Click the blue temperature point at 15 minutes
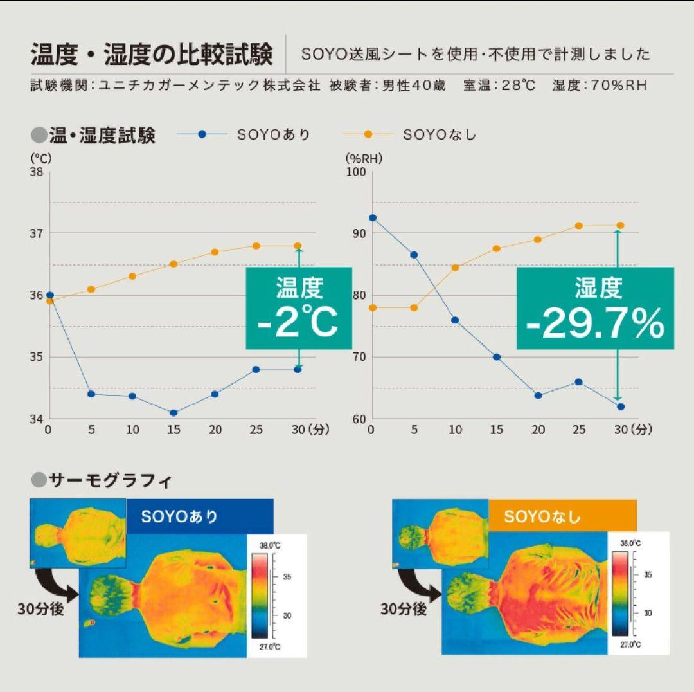tap(173, 412)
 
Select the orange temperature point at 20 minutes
tap(215, 251)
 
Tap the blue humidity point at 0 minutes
tap(373, 217)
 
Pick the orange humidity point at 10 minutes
tap(456, 267)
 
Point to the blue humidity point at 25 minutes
tap(578, 382)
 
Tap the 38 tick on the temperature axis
tap(36, 172)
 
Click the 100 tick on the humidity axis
tap(356, 172)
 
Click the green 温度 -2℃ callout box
tap(298, 308)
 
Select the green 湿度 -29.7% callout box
tap(595, 308)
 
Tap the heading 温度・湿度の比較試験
tap(152, 55)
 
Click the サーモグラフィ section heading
tap(110, 480)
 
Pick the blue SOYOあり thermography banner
tap(199, 516)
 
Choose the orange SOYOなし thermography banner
tap(562, 516)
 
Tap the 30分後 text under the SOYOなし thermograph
tap(404, 608)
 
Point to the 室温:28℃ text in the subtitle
tap(499, 86)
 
